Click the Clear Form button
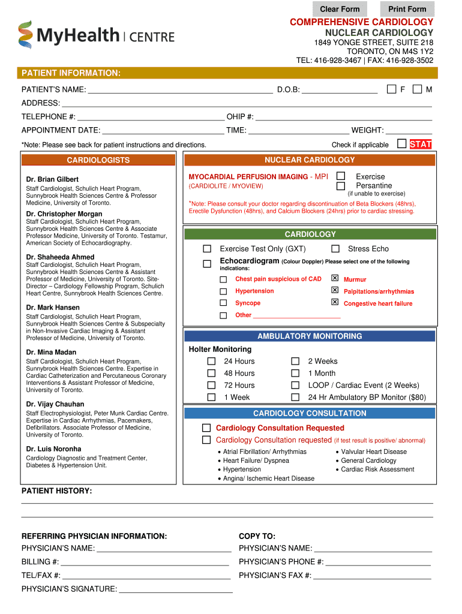click(x=340, y=9)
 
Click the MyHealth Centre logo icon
click(x=25, y=35)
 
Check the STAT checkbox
click(x=402, y=144)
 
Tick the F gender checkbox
click(x=391, y=89)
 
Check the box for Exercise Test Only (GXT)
click(x=207, y=249)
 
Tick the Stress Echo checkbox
click(x=335, y=249)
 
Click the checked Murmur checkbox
click(x=335, y=279)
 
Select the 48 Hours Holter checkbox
click(x=211, y=373)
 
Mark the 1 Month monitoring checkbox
click(x=295, y=373)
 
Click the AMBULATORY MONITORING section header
click(x=310, y=336)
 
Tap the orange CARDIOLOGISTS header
click(x=98, y=160)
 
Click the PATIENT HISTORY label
click(x=56, y=491)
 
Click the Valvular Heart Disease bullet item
click(x=374, y=452)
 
